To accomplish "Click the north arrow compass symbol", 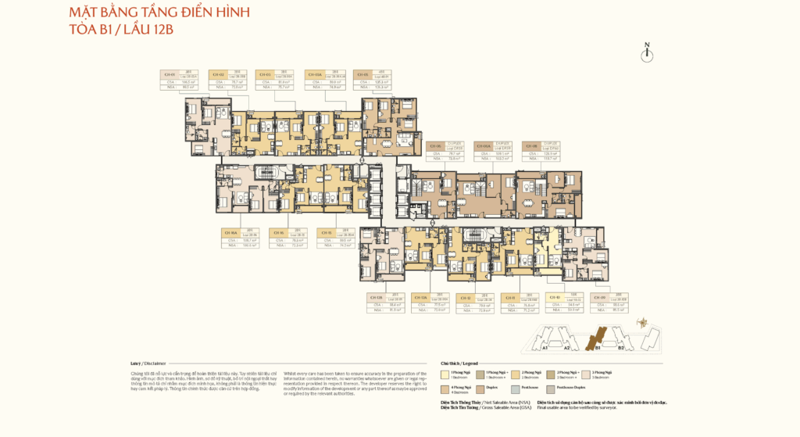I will click(x=646, y=53).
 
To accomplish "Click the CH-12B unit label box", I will click(x=385, y=303).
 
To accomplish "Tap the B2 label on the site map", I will click(x=622, y=349).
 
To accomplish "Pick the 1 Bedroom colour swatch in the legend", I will click(x=445, y=374).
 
